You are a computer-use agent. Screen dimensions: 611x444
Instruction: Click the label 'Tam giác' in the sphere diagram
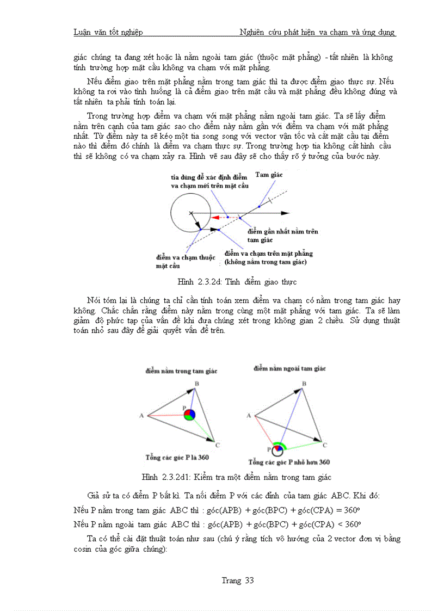(x=269, y=174)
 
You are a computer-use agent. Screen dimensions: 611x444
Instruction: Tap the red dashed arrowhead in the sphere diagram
(x=215, y=217)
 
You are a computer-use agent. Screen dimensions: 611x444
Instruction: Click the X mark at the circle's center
(x=191, y=213)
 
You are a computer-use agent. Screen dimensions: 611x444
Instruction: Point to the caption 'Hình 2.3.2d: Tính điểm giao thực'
(x=237, y=282)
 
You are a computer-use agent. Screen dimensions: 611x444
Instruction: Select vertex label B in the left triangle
(x=197, y=384)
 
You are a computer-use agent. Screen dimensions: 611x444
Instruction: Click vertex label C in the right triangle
(x=325, y=445)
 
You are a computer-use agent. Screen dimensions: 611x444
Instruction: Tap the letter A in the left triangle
(x=141, y=416)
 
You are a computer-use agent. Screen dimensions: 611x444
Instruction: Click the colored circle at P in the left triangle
(x=189, y=415)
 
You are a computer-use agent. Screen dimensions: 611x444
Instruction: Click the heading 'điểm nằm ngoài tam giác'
(x=289, y=369)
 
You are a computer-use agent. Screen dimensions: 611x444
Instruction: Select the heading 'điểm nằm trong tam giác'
(x=181, y=371)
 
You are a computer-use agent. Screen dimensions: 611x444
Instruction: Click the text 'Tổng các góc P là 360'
(x=177, y=457)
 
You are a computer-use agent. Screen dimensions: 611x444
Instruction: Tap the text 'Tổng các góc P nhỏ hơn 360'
(x=289, y=462)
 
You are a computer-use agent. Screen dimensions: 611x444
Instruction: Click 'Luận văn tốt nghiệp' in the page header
(x=108, y=32)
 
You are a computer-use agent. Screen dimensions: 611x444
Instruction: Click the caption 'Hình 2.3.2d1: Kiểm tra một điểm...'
(x=236, y=477)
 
